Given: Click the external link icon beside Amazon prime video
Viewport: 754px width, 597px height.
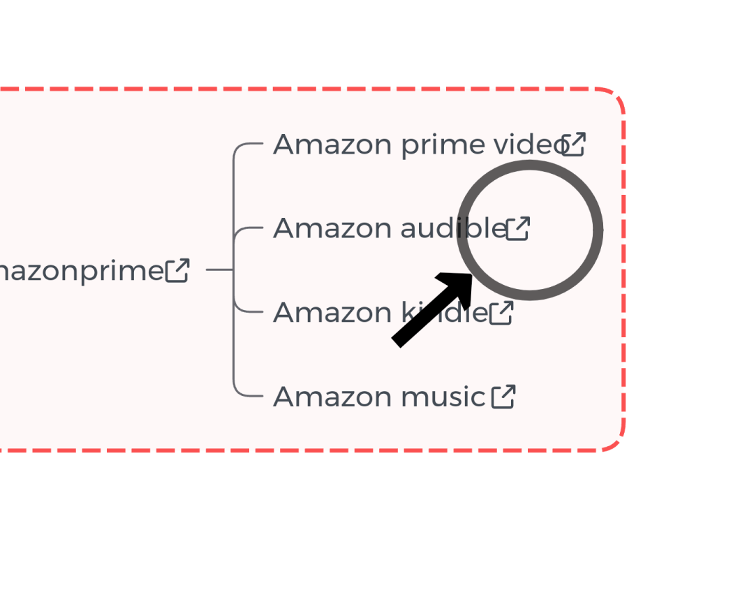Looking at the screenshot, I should click(x=574, y=144).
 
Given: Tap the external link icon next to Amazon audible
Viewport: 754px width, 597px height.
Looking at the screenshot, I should click(x=518, y=228).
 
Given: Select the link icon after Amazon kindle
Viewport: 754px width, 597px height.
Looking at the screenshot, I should click(x=501, y=313).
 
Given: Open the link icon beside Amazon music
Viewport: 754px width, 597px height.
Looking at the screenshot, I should click(x=503, y=397).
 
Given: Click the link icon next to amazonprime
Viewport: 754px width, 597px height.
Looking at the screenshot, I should click(x=177, y=270).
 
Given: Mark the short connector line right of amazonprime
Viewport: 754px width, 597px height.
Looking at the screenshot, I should click(x=219, y=269).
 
